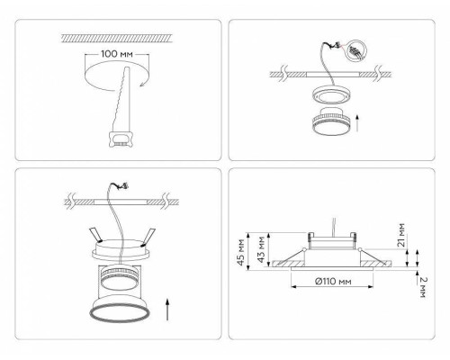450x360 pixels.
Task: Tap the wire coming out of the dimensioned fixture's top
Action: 336,222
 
